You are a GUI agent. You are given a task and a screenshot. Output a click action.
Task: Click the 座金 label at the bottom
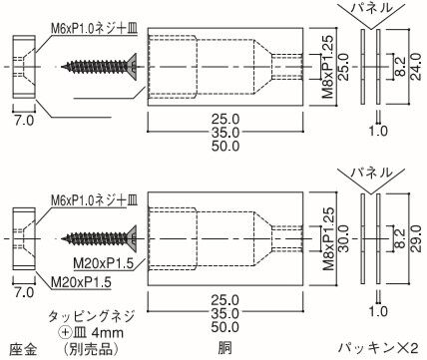coord(23,349)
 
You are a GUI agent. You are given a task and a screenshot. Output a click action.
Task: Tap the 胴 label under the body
coord(225,349)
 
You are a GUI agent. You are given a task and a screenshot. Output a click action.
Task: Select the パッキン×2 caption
coord(378,348)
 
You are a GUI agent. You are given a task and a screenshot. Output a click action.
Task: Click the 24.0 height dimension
coord(416,68)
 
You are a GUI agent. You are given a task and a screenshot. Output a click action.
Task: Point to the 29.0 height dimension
coord(416,239)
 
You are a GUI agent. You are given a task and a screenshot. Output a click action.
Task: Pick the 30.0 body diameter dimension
coord(343,238)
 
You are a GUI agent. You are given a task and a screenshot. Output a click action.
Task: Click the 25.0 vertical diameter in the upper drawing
coord(343,68)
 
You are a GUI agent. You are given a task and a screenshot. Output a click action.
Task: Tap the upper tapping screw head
coord(133,64)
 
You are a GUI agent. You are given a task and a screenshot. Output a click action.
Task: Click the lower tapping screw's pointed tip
coord(63,238)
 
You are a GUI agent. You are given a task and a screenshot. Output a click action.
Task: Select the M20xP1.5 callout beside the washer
coord(81,282)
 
